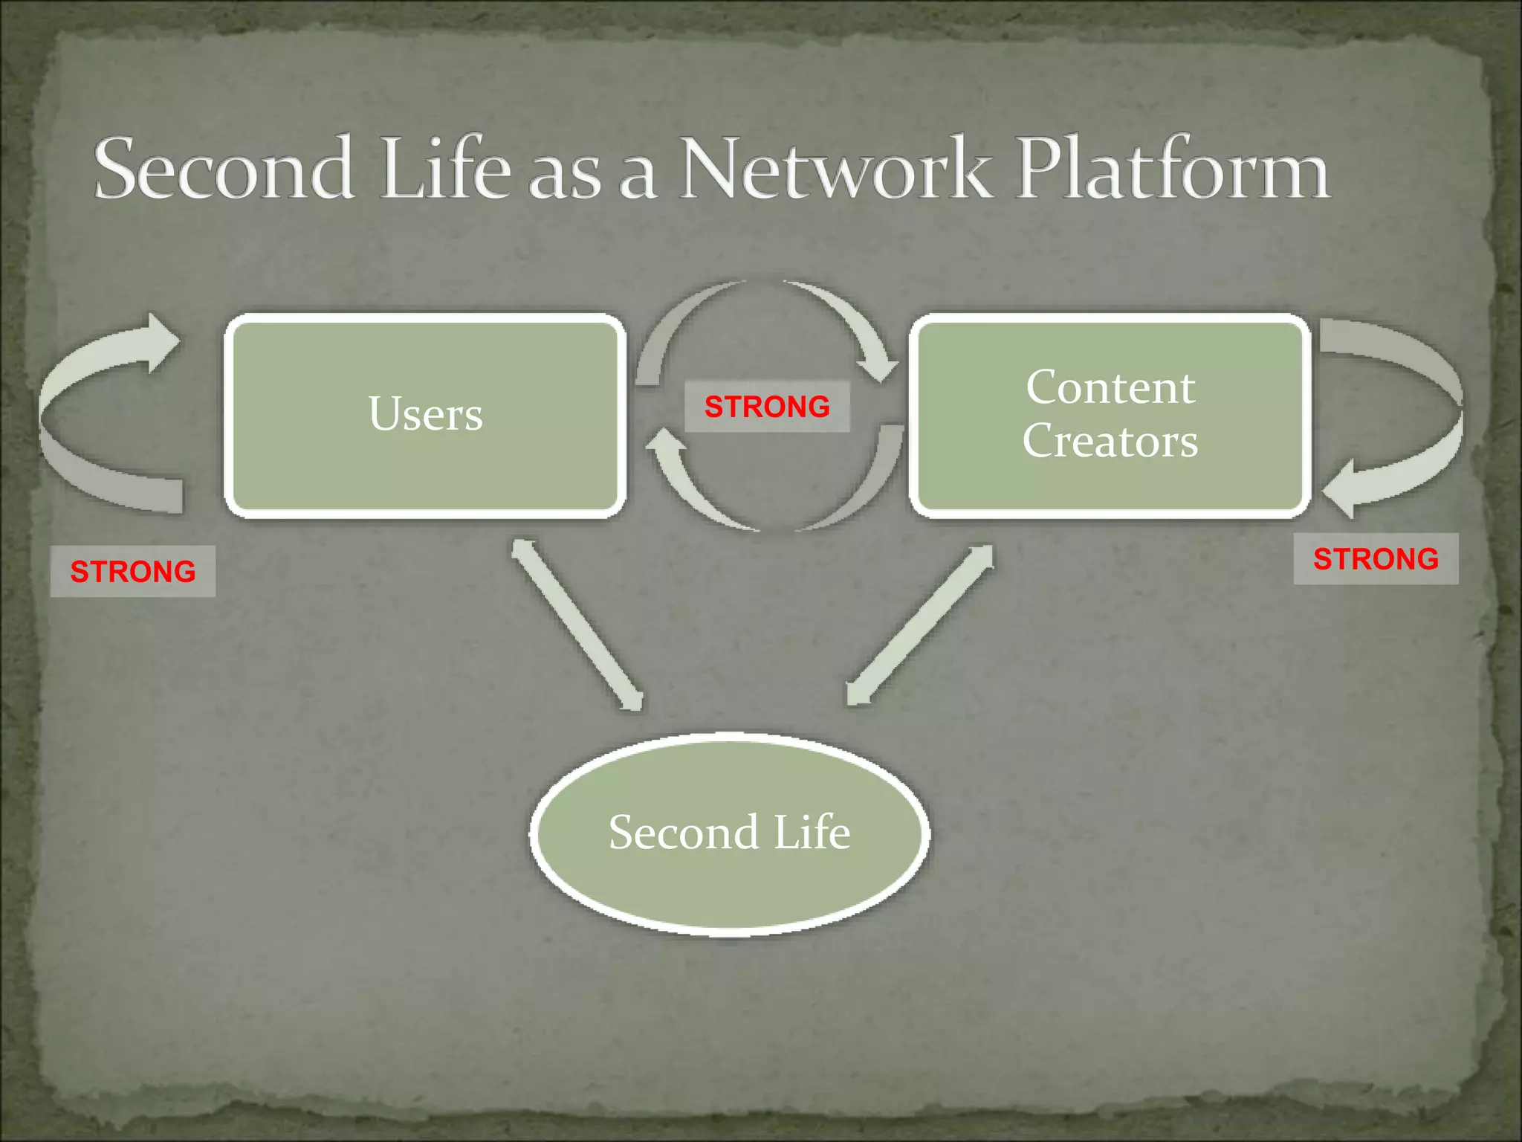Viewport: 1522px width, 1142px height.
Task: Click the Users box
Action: pyautogui.click(x=425, y=415)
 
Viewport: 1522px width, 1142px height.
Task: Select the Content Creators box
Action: pyautogui.click(x=1110, y=415)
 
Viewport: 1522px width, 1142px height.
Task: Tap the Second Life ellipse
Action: pyautogui.click(x=730, y=833)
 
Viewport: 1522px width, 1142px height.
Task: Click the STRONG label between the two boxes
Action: pyautogui.click(x=767, y=407)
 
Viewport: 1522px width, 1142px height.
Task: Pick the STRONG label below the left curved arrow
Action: pyautogui.click(x=132, y=571)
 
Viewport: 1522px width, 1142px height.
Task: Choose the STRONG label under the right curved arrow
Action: pyautogui.click(x=1376, y=558)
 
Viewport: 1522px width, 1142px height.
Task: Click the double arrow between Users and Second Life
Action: pyautogui.click(x=577, y=624)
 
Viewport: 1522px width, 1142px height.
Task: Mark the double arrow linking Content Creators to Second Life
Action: pyautogui.click(x=920, y=625)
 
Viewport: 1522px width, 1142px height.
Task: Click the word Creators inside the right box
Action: pyautogui.click(x=1110, y=441)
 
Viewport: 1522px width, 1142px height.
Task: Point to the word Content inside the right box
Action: pyautogui.click(x=1110, y=387)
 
